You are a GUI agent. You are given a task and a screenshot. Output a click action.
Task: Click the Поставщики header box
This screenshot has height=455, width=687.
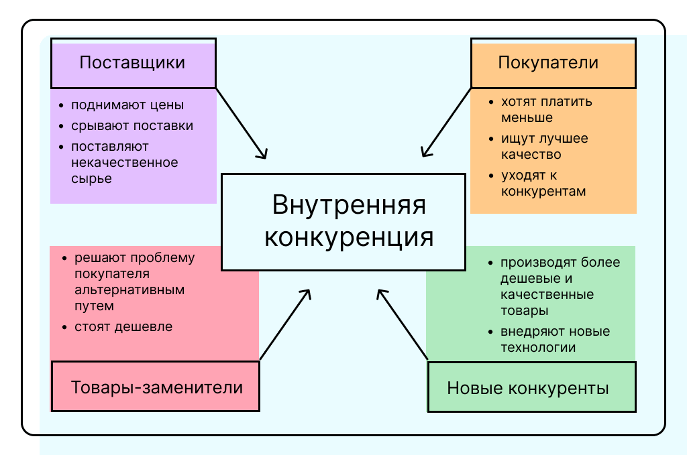coord(133,63)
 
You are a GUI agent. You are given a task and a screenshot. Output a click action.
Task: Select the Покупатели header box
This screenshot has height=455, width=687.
coord(553,63)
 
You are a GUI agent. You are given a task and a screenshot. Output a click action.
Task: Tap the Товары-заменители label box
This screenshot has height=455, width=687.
coord(156,387)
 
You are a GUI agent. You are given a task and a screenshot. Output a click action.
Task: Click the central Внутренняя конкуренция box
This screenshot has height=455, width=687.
coord(343,222)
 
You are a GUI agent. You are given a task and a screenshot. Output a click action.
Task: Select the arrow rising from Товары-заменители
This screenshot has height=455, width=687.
coord(285,324)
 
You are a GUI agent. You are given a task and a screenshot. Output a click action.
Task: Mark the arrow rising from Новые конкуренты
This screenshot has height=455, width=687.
coord(403,324)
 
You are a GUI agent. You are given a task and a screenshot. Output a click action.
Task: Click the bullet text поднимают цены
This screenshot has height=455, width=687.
coord(127,105)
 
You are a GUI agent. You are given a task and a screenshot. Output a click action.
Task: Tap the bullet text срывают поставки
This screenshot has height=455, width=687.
coord(132,126)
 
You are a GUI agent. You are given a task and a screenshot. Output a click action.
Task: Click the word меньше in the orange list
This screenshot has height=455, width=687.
coord(527,118)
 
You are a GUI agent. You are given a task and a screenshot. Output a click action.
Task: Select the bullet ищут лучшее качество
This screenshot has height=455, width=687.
coord(544,147)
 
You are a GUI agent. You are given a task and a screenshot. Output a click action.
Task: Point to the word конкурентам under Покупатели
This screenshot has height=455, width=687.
coord(543,192)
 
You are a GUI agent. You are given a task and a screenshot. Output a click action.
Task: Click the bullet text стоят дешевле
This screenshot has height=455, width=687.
coord(123,327)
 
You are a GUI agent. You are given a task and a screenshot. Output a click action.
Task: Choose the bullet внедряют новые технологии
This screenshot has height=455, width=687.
coord(555,340)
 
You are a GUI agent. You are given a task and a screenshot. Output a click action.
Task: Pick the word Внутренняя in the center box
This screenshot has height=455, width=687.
coord(349,205)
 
